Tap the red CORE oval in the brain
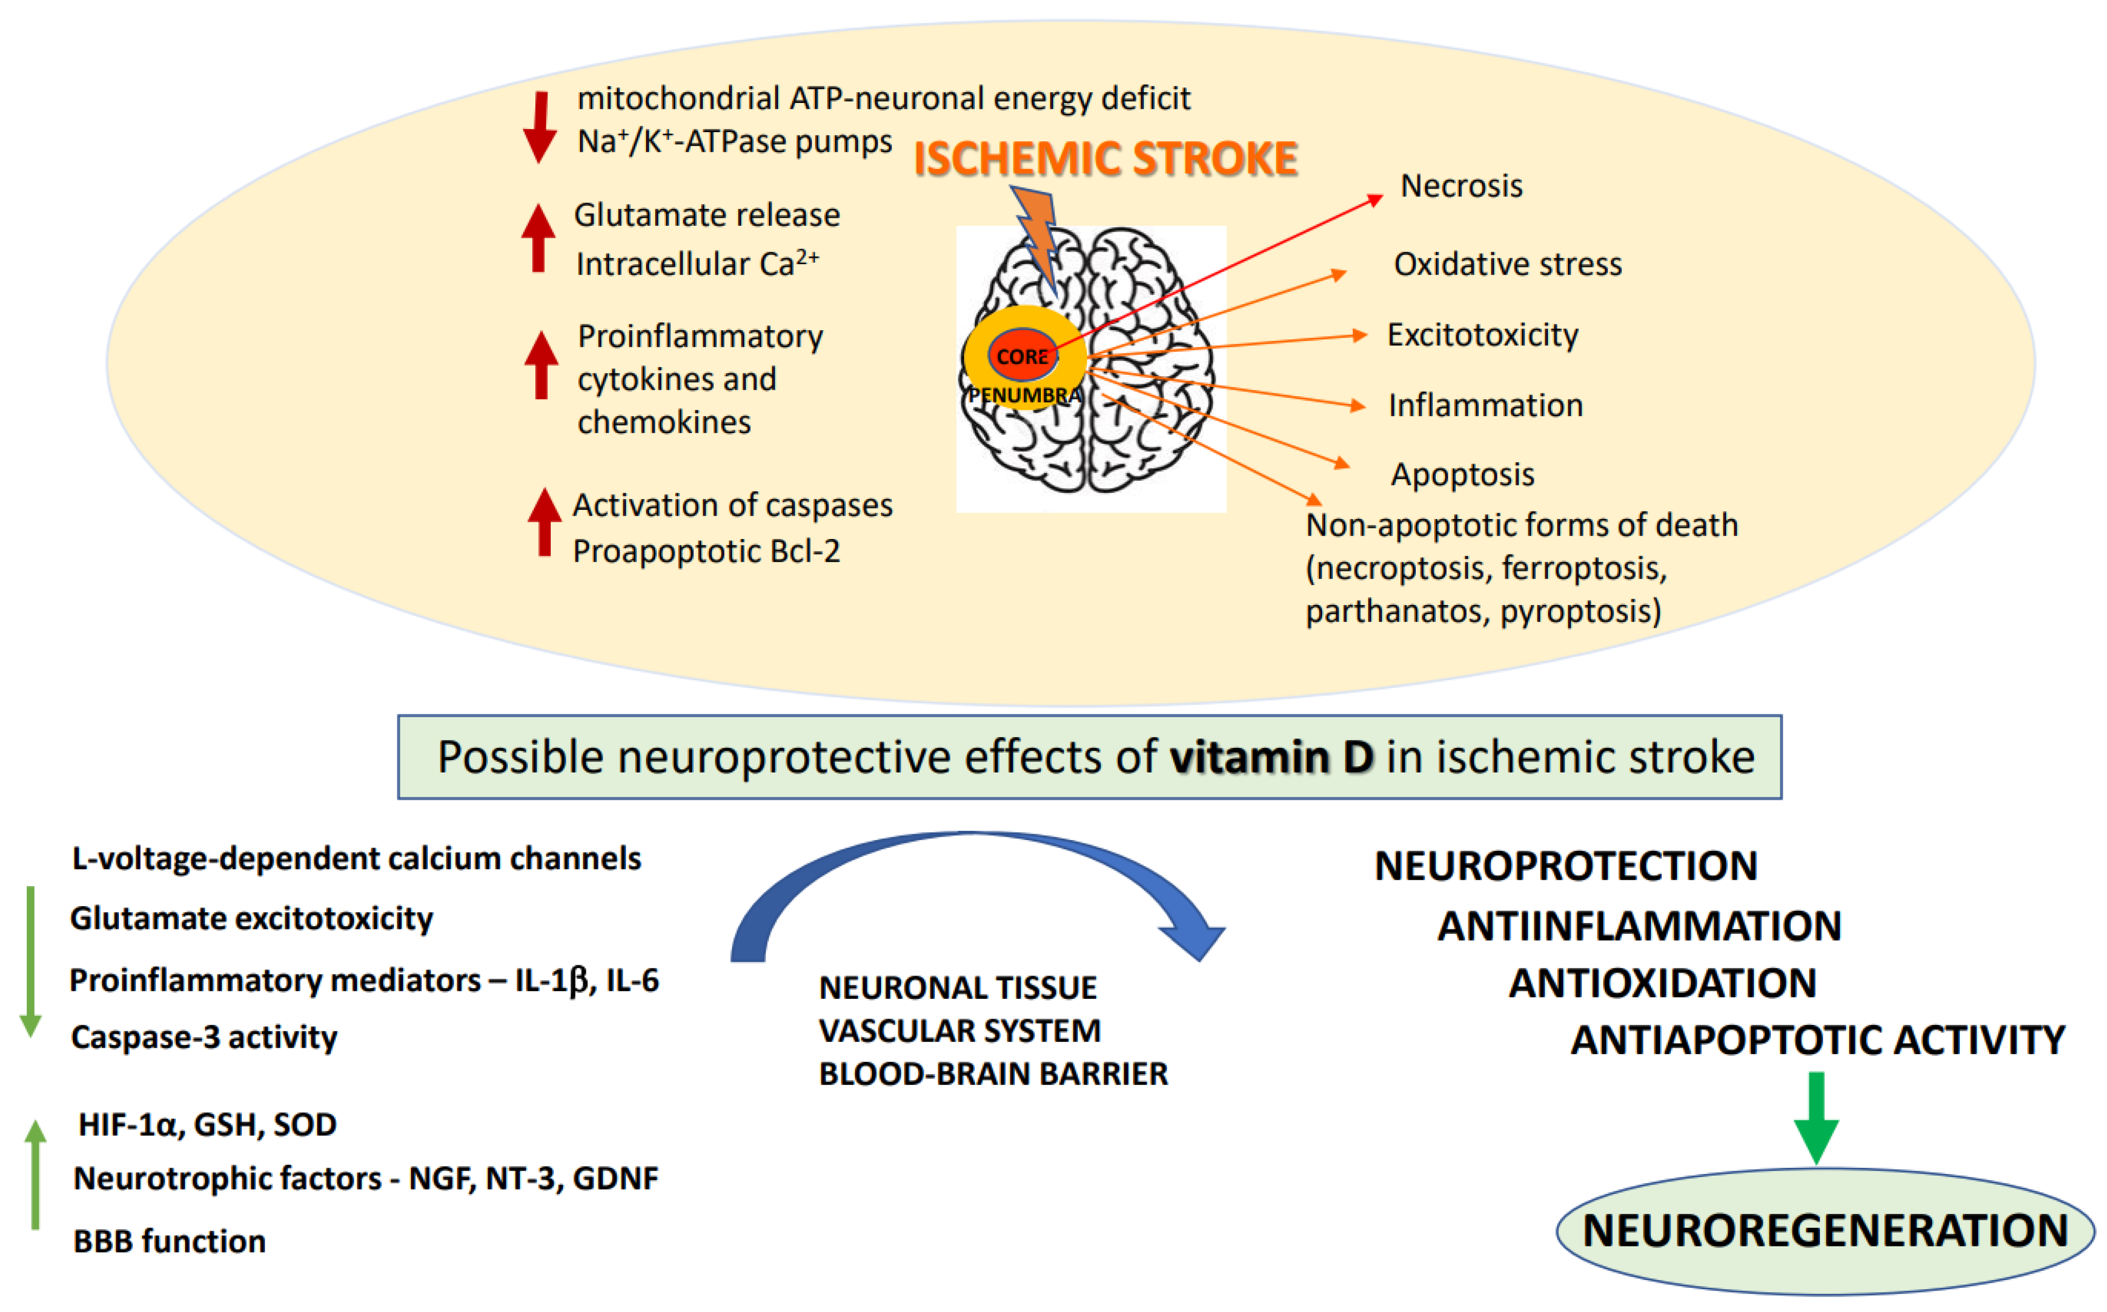1022,355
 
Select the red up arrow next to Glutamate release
538,238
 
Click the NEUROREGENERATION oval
1825,1230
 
